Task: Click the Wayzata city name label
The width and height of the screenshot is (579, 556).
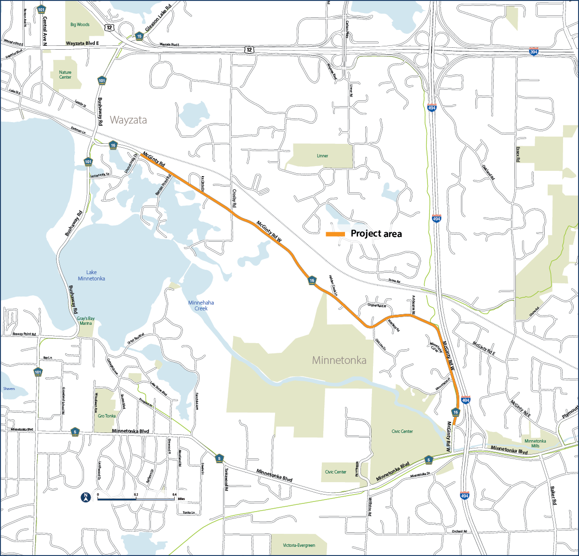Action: [128, 120]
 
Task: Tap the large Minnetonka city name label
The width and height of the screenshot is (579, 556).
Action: [339, 360]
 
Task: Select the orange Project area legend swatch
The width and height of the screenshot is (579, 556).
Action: [335, 234]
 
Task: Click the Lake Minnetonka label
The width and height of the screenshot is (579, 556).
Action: [91, 276]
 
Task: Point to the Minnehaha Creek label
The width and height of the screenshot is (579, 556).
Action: [201, 306]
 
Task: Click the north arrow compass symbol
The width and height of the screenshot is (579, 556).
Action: [85, 497]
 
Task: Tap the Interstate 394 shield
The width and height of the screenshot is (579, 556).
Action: [533, 52]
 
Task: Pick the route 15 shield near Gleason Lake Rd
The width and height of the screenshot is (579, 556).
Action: [139, 36]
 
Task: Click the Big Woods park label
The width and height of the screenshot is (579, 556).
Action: [80, 25]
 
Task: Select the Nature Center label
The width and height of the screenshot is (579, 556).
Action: [65, 75]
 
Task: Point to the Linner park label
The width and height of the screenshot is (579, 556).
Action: [322, 156]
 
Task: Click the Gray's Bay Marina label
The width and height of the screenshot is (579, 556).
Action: [85, 321]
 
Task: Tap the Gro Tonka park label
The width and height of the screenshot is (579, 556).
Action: [107, 416]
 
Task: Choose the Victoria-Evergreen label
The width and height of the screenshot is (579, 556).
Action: [299, 545]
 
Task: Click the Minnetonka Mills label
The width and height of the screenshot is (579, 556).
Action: [535, 444]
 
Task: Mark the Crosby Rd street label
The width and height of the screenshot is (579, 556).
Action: [234, 198]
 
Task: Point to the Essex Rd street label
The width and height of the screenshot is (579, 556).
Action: [518, 154]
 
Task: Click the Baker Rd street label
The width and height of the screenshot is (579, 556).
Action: [552, 495]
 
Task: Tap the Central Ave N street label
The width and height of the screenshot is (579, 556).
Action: [45, 31]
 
